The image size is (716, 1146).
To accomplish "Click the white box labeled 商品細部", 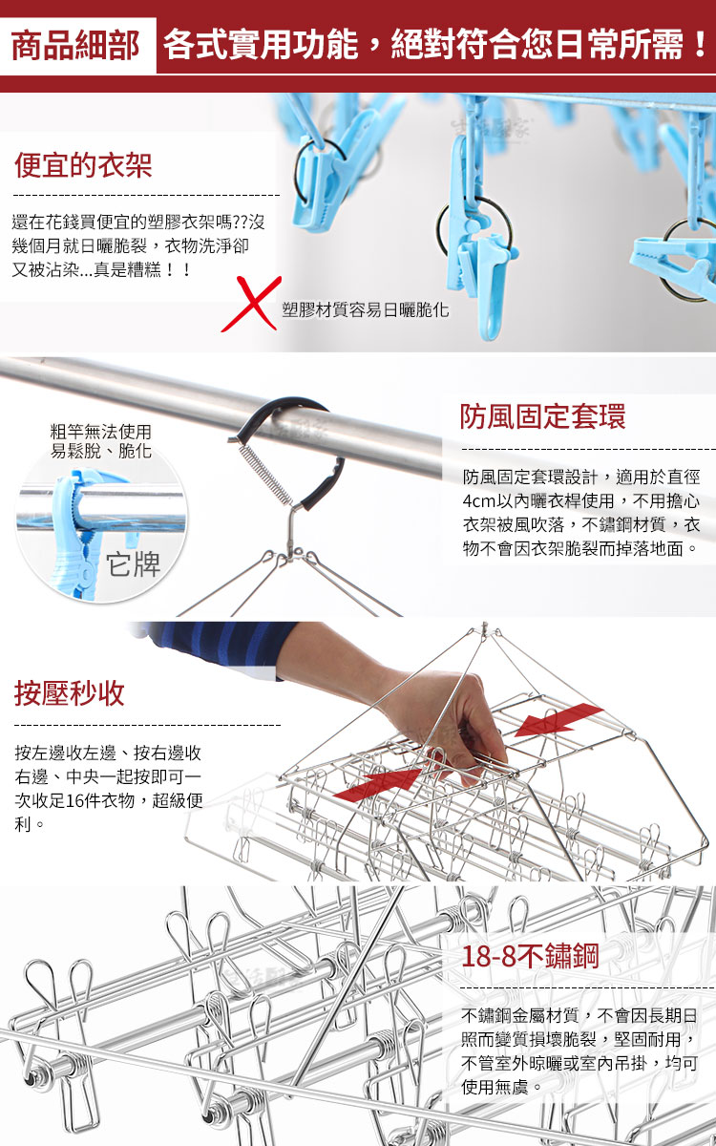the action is tap(77, 46).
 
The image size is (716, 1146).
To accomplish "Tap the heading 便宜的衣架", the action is tap(83, 165).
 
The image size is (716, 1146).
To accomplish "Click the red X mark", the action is tap(251, 304).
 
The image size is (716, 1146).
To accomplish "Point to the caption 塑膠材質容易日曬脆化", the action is tap(366, 309).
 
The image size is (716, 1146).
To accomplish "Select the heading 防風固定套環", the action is tap(542, 416).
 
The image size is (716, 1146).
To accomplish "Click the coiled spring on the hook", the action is tap(263, 474).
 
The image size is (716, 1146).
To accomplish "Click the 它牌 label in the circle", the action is tap(134, 564).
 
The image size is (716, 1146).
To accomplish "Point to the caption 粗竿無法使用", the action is tap(101, 432).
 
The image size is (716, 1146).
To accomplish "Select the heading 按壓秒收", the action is tap(70, 693).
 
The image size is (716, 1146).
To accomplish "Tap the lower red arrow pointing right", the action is tap(378, 783).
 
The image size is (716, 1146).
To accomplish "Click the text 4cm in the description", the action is tap(479, 500).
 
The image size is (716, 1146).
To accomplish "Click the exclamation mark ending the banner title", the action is tap(701, 45).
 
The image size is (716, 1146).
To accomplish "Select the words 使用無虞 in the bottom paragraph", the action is tap(495, 1087).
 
